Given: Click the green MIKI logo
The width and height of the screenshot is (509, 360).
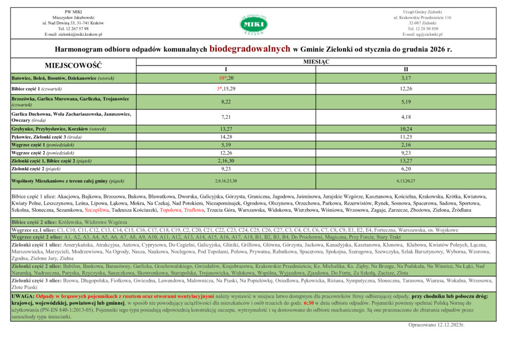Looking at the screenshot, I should [254, 23].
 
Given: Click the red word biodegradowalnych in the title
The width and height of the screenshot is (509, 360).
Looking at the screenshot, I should [250, 49].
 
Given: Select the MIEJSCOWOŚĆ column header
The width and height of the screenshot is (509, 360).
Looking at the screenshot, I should [73, 65].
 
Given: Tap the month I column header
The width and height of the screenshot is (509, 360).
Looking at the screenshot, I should [226, 69].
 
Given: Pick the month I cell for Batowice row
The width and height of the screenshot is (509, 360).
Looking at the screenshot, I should [226, 79].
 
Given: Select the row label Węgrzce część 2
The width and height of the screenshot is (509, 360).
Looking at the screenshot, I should [43, 153].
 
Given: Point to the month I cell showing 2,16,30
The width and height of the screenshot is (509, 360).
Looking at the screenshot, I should [226, 161].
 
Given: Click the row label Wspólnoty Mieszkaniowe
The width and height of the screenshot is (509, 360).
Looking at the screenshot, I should [68, 181].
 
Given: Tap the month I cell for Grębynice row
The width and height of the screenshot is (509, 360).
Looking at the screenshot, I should [226, 129].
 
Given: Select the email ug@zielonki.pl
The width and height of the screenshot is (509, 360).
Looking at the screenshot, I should [422, 34].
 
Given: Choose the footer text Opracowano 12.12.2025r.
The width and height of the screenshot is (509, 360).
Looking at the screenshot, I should [436, 324].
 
